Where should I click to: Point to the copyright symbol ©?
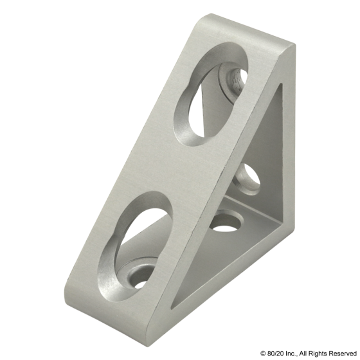tap(262, 354)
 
